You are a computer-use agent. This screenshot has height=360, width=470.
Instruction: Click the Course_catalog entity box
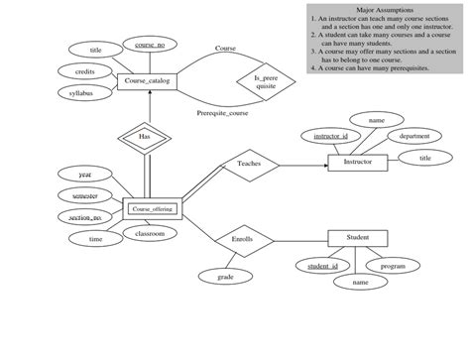click(x=147, y=83)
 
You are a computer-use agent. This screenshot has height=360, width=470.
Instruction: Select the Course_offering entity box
click(x=153, y=208)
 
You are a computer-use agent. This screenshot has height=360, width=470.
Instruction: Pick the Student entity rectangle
click(x=357, y=238)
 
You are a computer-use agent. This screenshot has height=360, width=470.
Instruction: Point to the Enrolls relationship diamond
click(x=242, y=239)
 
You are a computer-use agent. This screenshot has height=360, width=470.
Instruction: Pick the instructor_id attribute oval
click(x=330, y=135)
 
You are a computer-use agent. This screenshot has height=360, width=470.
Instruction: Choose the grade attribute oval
click(x=225, y=278)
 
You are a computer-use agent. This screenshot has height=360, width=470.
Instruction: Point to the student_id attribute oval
click(x=322, y=266)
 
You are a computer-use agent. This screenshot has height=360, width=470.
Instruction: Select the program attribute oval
click(x=393, y=266)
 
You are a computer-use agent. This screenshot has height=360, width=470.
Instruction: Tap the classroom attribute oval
click(x=143, y=233)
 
